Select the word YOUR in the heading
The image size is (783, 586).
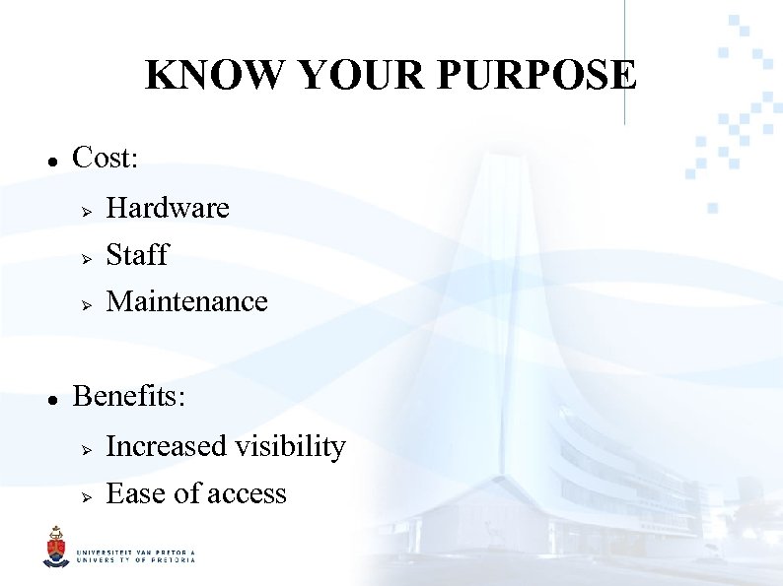click(342, 75)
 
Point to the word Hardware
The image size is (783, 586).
click(168, 208)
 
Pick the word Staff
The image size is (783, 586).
click(137, 255)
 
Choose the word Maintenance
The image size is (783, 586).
click(186, 301)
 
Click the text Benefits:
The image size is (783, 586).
click(129, 396)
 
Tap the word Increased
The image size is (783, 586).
click(166, 447)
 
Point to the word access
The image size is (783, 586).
click(246, 494)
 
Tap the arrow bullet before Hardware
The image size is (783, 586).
click(87, 210)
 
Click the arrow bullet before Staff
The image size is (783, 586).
click(87, 257)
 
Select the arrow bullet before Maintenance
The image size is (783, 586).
click(87, 303)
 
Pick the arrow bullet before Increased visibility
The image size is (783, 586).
click(87, 449)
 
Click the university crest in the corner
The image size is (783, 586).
click(55, 548)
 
